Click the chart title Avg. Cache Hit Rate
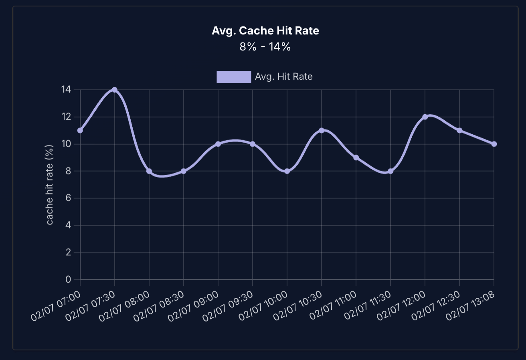[x=265, y=31]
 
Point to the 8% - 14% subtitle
[x=265, y=47]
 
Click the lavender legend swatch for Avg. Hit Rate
[x=234, y=77]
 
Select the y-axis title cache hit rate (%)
[x=50, y=184]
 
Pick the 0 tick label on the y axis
[x=68, y=279]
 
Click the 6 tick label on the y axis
[x=68, y=198]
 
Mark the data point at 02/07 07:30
[x=115, y=90]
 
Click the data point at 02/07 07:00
[x=80, y=130]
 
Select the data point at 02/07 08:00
[x=149, y=171]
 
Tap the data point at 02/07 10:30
[x=322, y=130]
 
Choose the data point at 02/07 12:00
[x=425, y=117]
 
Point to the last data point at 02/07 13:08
[x=494, y=144]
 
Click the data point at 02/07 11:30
[x=390, y=171]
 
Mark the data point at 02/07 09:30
[x=253, y=144]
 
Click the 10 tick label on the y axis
[x=66, y=144]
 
